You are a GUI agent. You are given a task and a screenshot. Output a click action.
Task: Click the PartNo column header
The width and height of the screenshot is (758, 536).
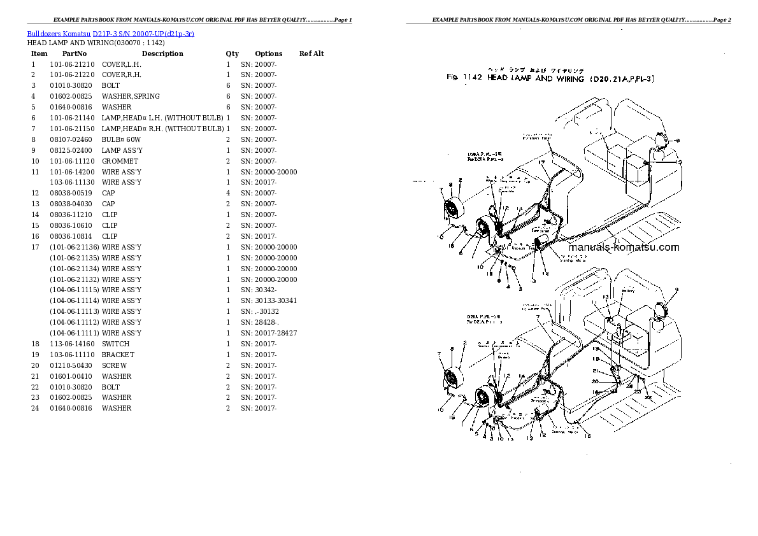click(x=75, y=53)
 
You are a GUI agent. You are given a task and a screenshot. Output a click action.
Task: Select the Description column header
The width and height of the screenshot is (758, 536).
click(x=162, y=53)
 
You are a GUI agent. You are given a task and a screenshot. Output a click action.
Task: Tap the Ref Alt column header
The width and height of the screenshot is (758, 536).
click(x=311, y=53)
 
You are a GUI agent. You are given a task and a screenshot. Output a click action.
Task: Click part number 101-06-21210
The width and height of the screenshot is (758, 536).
click(x=72, y=64)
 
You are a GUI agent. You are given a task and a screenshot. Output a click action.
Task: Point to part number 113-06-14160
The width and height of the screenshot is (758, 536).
click(x=72, y=344)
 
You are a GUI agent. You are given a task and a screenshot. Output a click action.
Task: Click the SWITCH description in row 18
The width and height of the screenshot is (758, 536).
click(x=115, y=344)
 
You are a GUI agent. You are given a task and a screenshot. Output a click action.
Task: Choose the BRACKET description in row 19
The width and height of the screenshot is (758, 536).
click(x=118, y=355)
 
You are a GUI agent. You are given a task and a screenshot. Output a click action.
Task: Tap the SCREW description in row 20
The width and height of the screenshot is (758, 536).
click(x=114, y=365)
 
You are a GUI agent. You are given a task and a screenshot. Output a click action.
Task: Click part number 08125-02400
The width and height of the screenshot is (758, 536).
click(x=72, y=150)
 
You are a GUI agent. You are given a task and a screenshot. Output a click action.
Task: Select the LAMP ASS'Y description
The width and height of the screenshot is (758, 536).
click(x=122, y=150)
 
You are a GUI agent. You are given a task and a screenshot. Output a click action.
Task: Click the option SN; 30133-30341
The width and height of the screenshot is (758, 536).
click(x=268, y=300)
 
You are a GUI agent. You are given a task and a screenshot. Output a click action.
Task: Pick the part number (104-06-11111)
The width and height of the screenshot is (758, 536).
click(x=75, y=333)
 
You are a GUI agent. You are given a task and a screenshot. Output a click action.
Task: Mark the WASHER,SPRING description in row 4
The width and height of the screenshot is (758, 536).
click(x=131, y=96)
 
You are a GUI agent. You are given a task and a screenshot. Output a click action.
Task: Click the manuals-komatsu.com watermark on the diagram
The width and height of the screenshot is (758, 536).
click(x=623, y=248)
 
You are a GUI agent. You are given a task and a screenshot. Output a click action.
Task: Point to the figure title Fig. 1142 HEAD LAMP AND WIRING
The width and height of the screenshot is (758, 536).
click(x=550, y=78)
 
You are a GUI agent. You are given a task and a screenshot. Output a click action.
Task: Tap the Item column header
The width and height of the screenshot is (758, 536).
click(x=39, y=53)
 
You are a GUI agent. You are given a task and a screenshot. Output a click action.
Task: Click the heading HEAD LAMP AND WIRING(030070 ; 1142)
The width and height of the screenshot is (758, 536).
click(x=96, y=43)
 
